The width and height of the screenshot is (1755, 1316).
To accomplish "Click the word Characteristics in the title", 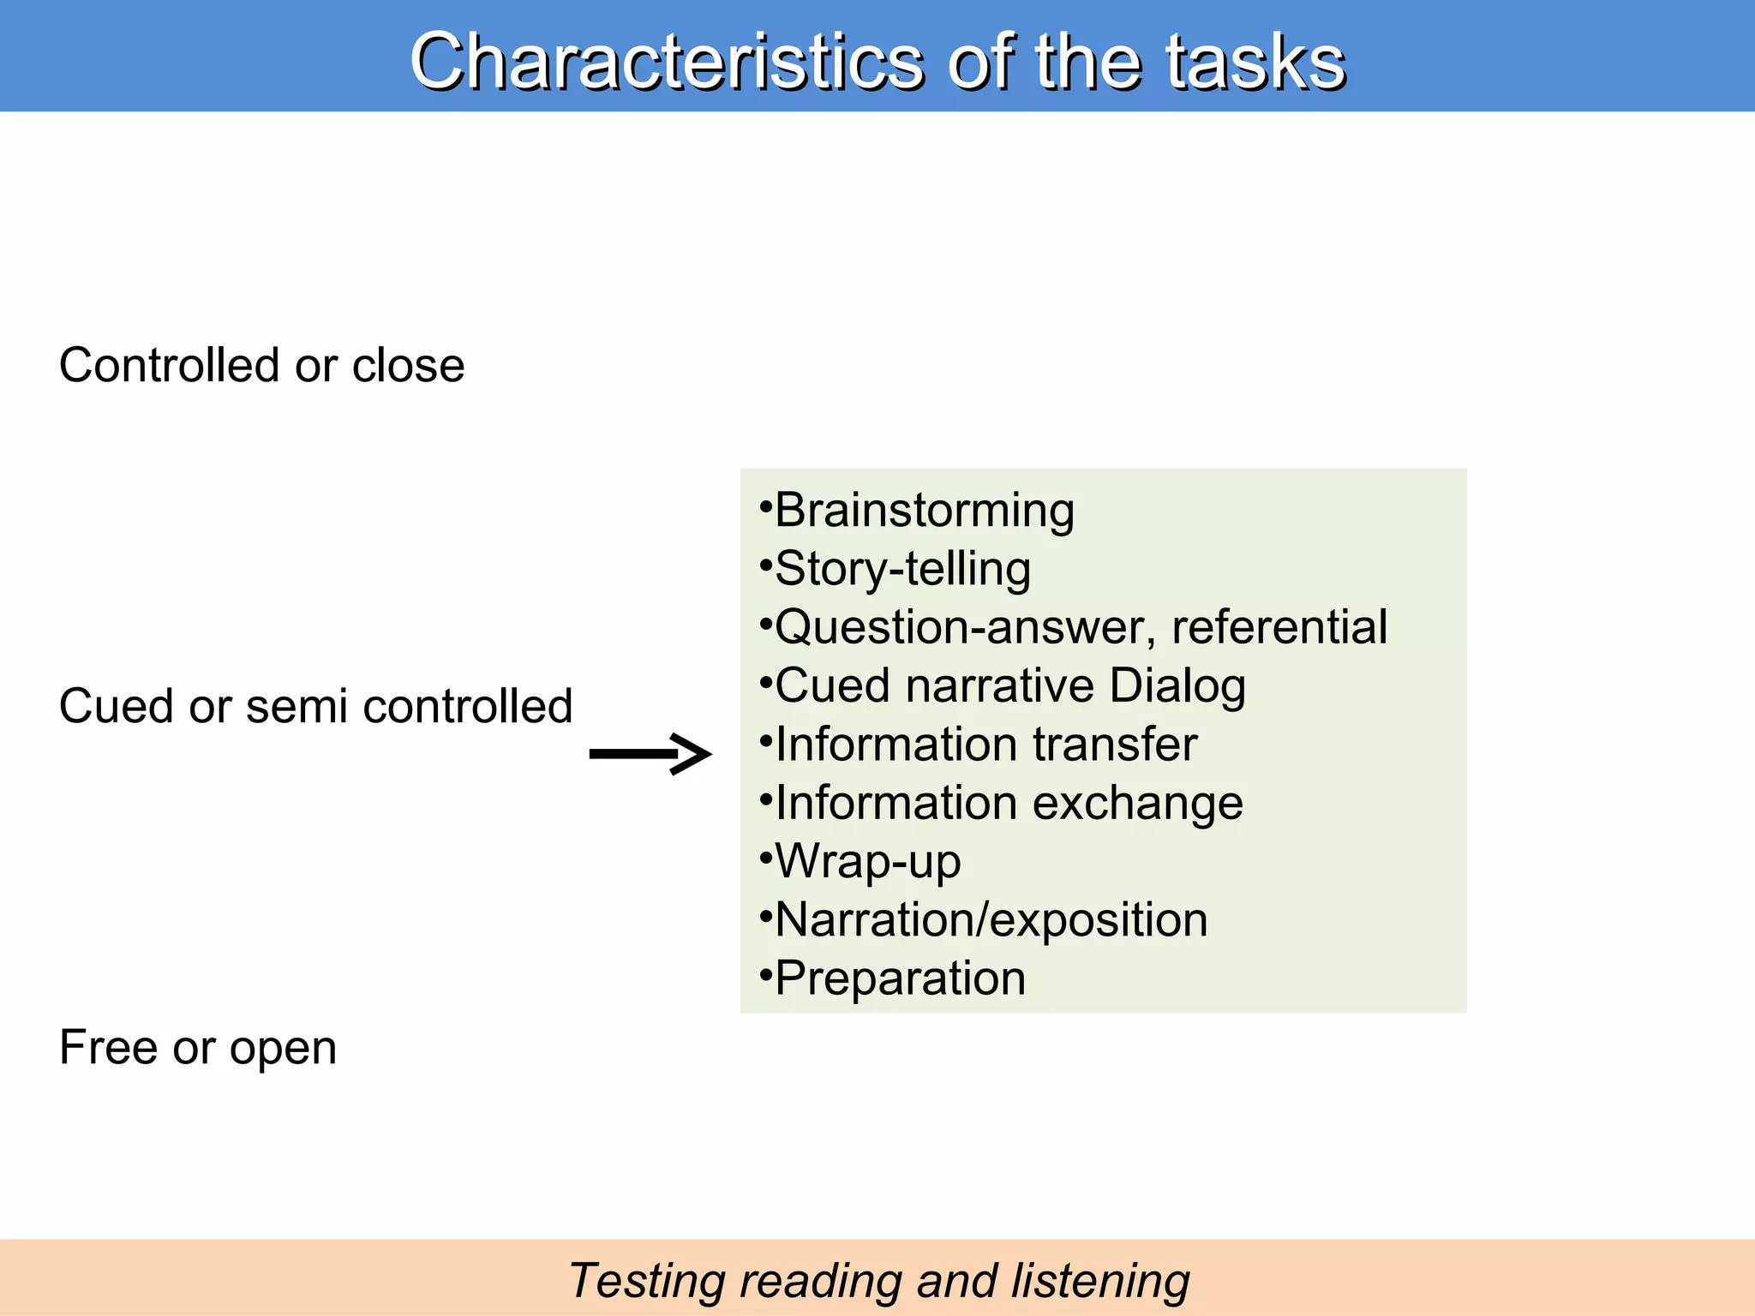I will point(666,62).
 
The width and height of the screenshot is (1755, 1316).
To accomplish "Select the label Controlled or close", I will point(261,366).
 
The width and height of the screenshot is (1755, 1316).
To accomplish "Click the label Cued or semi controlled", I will point(315,707).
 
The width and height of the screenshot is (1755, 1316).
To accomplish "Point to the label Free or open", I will point(198,1048).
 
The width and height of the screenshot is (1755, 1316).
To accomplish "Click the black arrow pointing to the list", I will point(650,754).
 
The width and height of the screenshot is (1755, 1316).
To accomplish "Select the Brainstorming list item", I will point(924,511).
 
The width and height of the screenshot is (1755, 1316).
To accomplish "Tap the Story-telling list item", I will point(902,569).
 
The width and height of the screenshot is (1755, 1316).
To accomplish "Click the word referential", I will point(1279,627).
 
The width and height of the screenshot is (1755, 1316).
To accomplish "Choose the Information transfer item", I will point(985,745).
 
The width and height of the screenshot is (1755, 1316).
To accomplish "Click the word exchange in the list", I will point(1137,804).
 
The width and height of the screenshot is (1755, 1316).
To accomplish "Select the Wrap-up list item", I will point(867,862).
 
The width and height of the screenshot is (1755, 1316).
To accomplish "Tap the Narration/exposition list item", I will point(991,920).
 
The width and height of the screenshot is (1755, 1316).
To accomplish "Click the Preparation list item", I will point(900,978).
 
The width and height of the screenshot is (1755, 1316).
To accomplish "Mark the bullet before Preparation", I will point(765,972).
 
